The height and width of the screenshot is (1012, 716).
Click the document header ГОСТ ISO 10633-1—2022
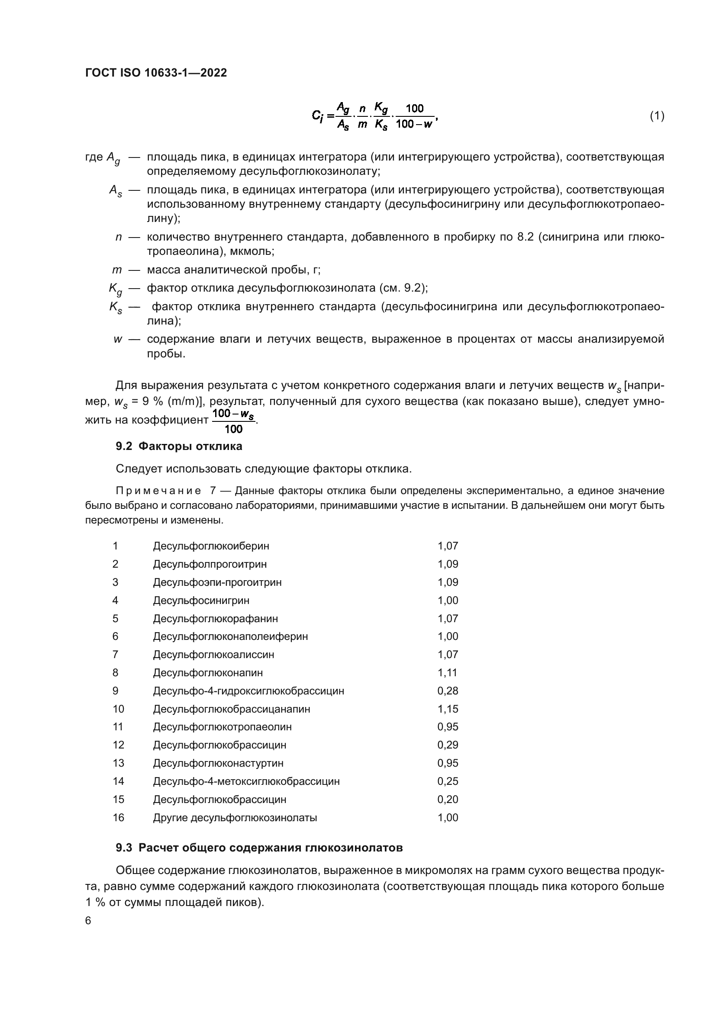(x=156, y=73)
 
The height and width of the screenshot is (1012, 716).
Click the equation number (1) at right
(x=657, y=116)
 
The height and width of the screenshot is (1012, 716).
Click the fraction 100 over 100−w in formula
(x=414, y=116)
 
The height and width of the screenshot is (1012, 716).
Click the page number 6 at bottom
(x=88, y=921)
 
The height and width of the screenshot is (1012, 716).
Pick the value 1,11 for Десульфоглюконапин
(x=447, y=673)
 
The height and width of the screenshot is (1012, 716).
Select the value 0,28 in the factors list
(x=448, y=691)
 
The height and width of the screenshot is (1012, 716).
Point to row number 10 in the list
(x=118, y=709)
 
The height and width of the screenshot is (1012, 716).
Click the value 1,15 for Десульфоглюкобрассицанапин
(x=448, y=709)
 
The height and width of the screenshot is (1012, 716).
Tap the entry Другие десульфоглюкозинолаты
(x=235, y=818)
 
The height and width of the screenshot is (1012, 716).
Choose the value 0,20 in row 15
(x=448, y=799)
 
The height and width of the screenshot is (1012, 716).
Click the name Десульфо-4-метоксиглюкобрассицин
(x=246, y=781)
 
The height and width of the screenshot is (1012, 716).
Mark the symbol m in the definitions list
(x=117, y=269)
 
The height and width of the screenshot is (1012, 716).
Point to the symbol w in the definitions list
(x=118, y=339)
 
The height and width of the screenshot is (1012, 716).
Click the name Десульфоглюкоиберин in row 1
(x=211, y=546)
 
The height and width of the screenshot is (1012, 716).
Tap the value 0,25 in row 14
(x=448, y=781)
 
